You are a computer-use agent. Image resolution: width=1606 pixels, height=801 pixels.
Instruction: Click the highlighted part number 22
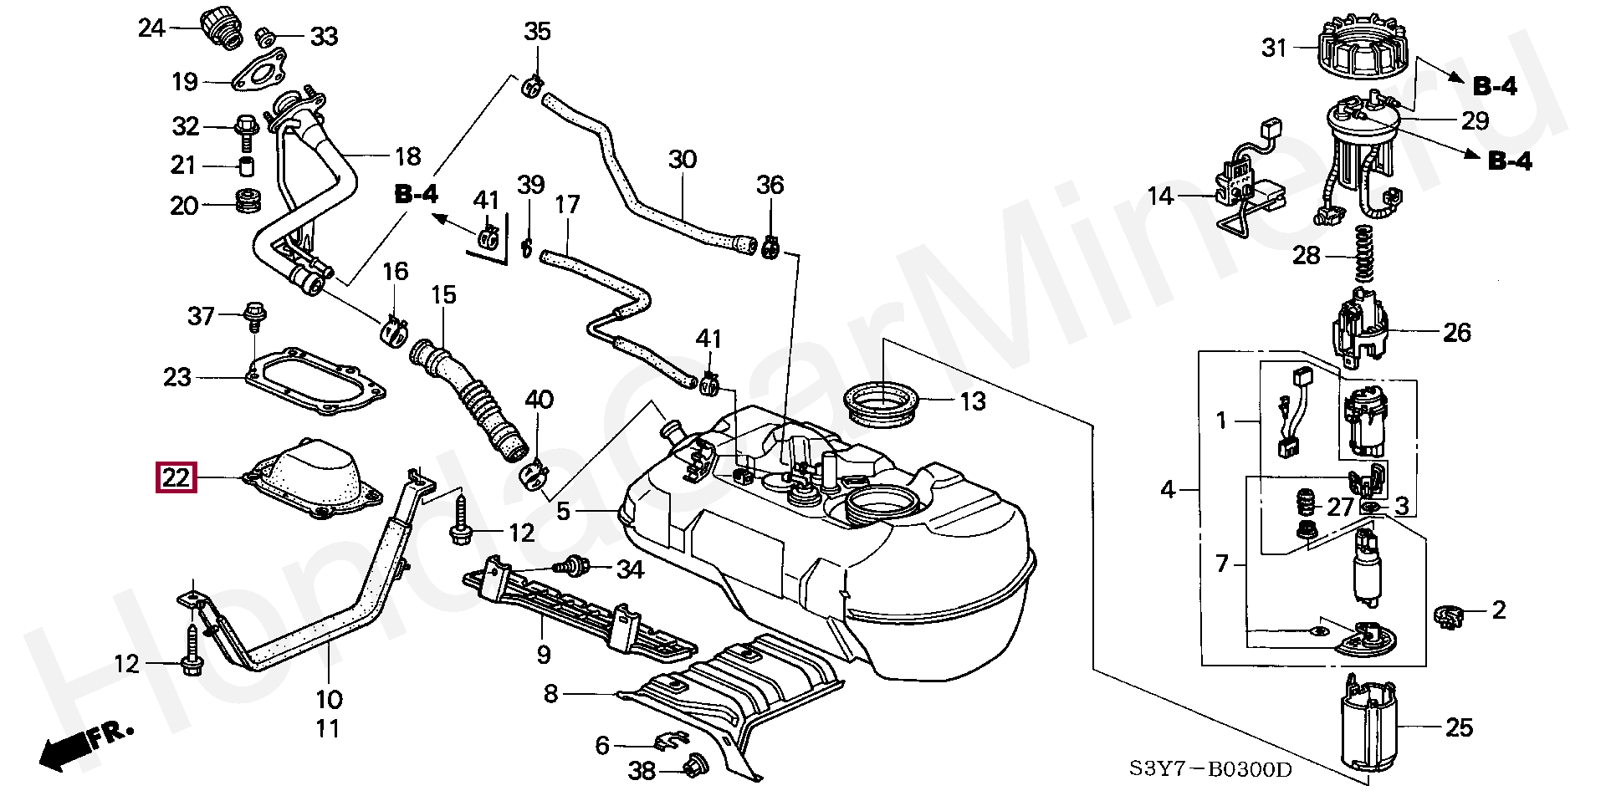coord(176,478)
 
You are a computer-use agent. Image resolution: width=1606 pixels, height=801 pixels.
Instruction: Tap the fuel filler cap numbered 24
coord(220,28)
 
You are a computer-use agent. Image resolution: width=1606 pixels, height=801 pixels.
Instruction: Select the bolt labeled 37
coord(251,316)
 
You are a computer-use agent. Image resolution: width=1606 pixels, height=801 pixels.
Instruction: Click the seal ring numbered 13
coord(883,402)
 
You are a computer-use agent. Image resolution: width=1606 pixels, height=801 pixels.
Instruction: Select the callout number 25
coord(1459,727)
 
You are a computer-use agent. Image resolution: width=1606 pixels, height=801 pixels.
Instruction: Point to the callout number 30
coord(683,159)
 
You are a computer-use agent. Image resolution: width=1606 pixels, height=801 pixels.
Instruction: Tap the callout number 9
coord(544,654)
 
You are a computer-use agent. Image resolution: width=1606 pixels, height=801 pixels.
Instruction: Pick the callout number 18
coord(407,156)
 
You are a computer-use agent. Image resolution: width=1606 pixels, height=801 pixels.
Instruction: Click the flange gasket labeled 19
coord(259,71)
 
